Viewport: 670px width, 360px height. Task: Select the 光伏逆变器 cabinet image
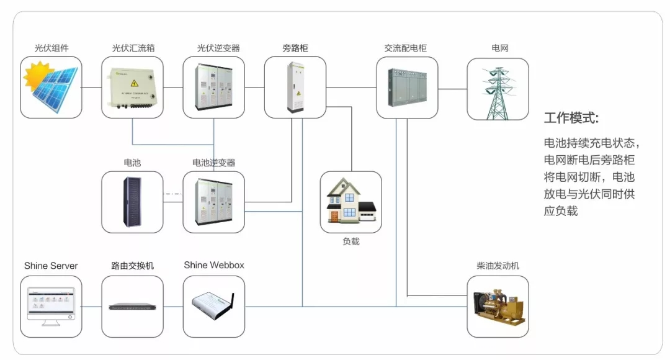214,88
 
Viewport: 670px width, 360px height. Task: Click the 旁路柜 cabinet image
295,88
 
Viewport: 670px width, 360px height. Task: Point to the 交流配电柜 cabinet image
407,88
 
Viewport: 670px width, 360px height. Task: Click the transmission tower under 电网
498,92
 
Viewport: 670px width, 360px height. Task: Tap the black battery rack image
132,202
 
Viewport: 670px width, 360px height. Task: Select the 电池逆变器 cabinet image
214,202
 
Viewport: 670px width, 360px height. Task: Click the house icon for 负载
351,202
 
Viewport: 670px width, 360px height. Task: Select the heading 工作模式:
571,118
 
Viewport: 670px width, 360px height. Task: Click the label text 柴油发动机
498,266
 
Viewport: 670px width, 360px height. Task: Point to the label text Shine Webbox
214,265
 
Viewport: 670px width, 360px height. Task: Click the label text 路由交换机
132,266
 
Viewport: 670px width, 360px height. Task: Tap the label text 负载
351,241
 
